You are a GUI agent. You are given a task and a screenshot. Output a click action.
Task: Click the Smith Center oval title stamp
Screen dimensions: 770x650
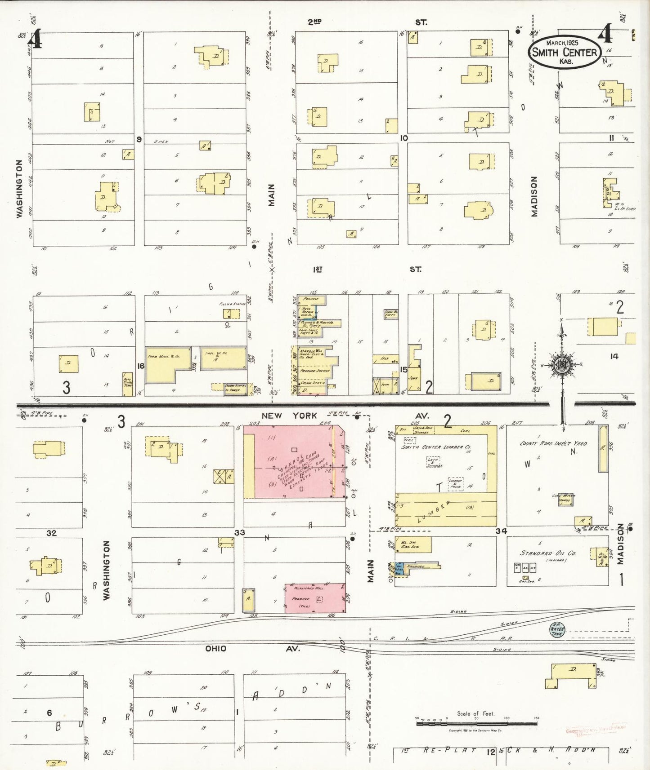coord(565,52)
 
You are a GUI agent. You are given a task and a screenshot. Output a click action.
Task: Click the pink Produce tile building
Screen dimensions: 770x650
coord(314,598)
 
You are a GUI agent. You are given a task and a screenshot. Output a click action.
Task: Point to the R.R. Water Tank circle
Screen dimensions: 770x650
coord(557,629)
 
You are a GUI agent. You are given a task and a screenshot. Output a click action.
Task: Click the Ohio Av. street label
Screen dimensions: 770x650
coord(252,649)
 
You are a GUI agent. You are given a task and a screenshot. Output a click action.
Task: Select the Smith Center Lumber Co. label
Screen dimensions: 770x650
coord(436,447)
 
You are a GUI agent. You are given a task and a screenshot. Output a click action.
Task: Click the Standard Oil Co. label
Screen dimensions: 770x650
coord(548,553)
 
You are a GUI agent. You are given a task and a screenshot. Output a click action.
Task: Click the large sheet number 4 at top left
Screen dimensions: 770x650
coord(35,39)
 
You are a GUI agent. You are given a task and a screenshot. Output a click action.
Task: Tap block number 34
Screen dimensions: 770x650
coord(501,531)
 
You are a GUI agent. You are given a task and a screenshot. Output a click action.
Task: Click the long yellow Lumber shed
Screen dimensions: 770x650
coord(445,509)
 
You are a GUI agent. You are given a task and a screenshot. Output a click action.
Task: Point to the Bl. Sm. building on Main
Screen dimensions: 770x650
coord(412,544)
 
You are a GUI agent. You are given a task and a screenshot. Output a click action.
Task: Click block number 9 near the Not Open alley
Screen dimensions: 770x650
coord(139,139)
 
